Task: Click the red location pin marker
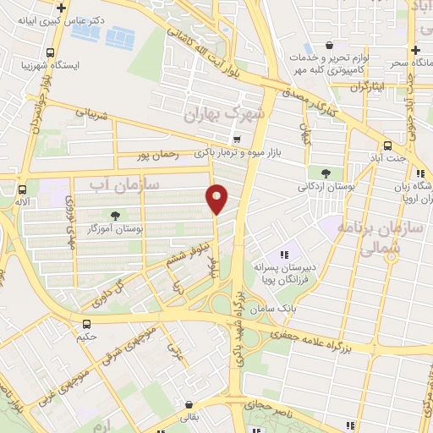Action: pos(217,199)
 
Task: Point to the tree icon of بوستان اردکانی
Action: pos(326,173)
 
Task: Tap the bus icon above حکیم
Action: pos(86,324)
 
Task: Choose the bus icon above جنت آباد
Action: pos(387,145)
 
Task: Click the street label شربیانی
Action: pos(92,111)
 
